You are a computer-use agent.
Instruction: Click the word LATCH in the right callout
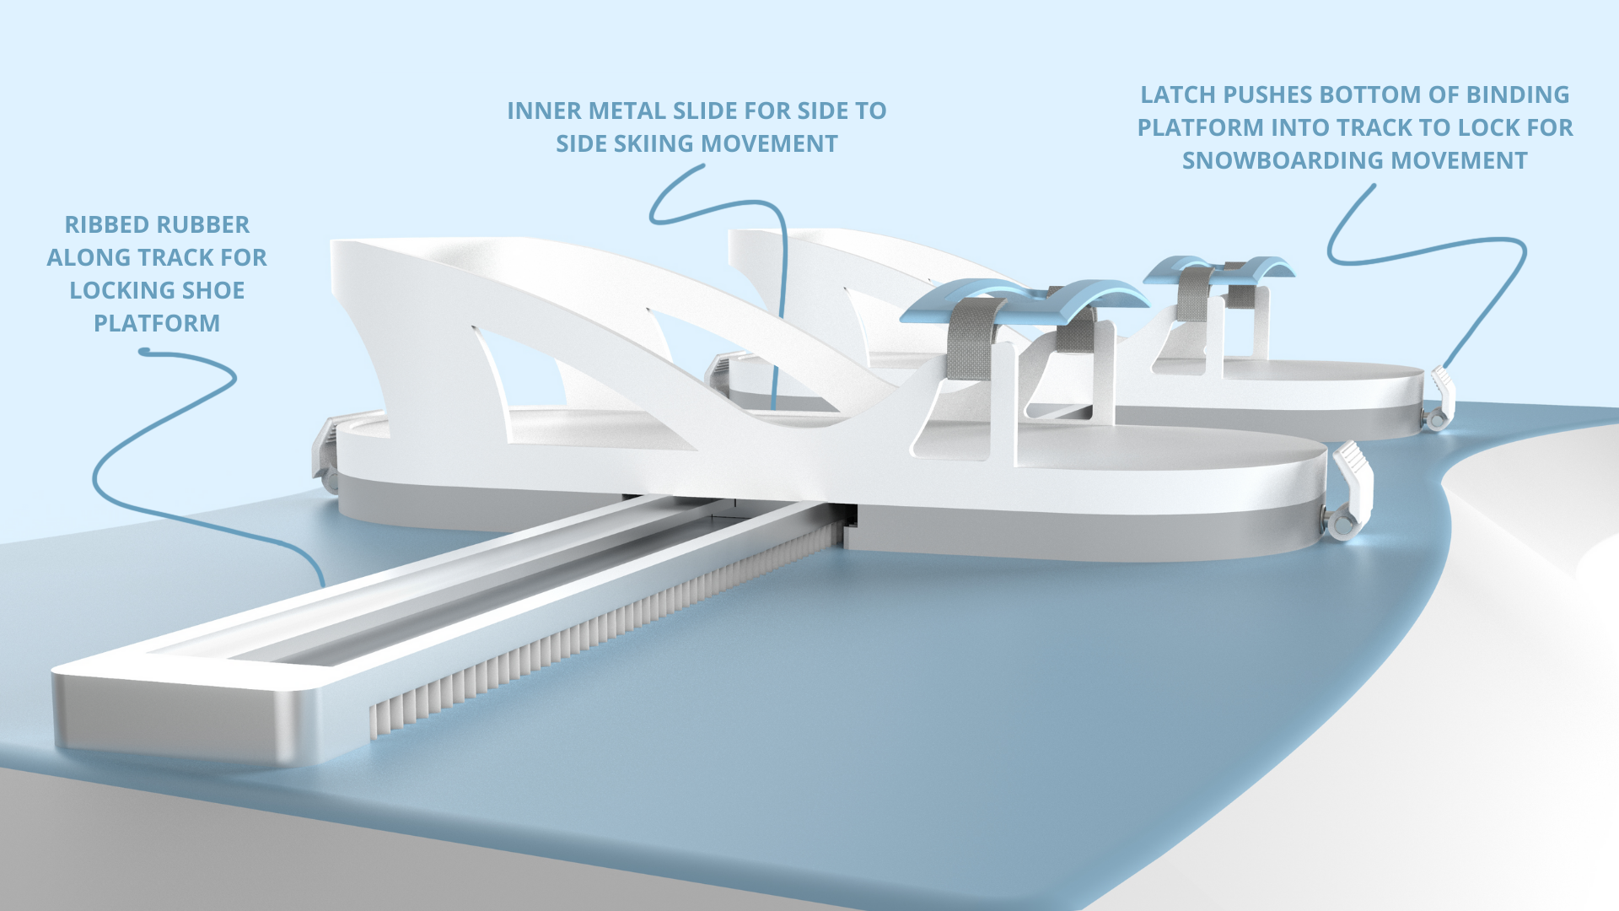(x=1177, y=95)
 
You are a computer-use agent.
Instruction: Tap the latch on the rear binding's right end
(x=1441, y=396)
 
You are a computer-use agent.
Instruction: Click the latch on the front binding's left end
(x=325, y=451)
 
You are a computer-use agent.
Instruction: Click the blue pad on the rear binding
(x=1218, y=268)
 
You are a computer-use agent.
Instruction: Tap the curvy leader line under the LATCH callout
(x=1433, y=249)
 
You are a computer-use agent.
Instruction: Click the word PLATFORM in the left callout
(x=157, y=324)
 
